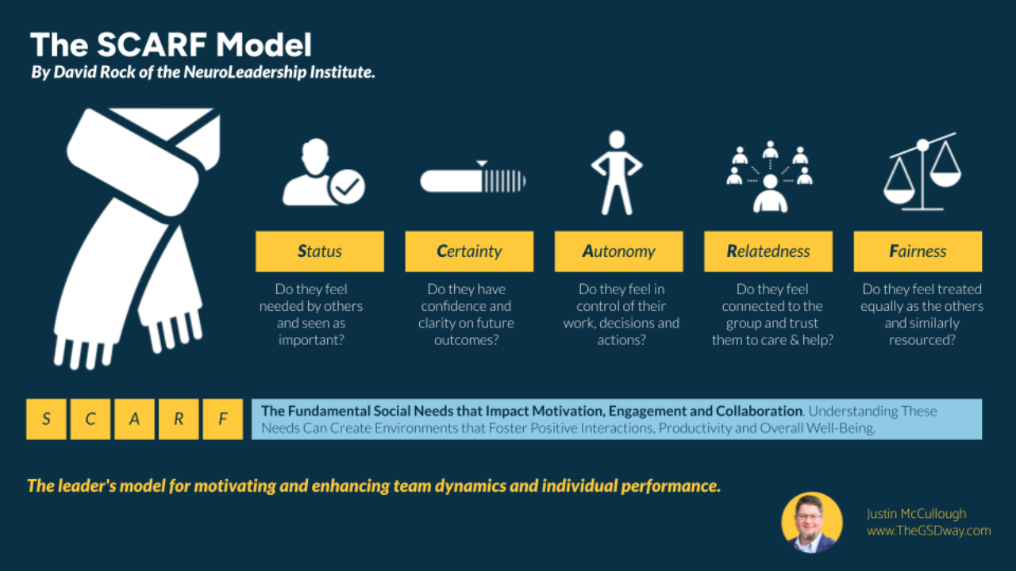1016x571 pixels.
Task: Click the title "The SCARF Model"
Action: tap(171, 44)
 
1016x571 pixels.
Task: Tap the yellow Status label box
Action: tap(320, 251)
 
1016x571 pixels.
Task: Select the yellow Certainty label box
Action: tap(469, 251)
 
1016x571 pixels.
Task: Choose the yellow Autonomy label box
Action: tap(618, 251)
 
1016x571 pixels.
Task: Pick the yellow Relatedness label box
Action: tap(768, 251)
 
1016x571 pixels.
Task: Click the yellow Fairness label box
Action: tap(918, 251)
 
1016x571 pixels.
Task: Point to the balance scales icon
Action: tap(922, 174)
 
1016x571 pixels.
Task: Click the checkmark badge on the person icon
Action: tap(347, 187)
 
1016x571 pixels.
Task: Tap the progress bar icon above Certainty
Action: tap(473, 179)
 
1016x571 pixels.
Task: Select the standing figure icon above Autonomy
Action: tap(617, 172)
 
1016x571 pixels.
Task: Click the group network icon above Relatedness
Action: tap(770, 178)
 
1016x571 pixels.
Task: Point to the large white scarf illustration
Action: tap(135, 238)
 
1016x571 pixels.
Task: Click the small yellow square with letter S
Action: tap(46, 420)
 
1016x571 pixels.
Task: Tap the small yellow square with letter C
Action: tap(90, 420)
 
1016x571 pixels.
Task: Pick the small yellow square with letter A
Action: tap(134, 420)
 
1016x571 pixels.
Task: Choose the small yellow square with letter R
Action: tap(179, 420)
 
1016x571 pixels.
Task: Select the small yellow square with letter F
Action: tap(222, 420)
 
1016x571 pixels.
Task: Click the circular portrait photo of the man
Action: tap(811, 523)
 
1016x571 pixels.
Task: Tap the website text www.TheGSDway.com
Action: tap(929, 531)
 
